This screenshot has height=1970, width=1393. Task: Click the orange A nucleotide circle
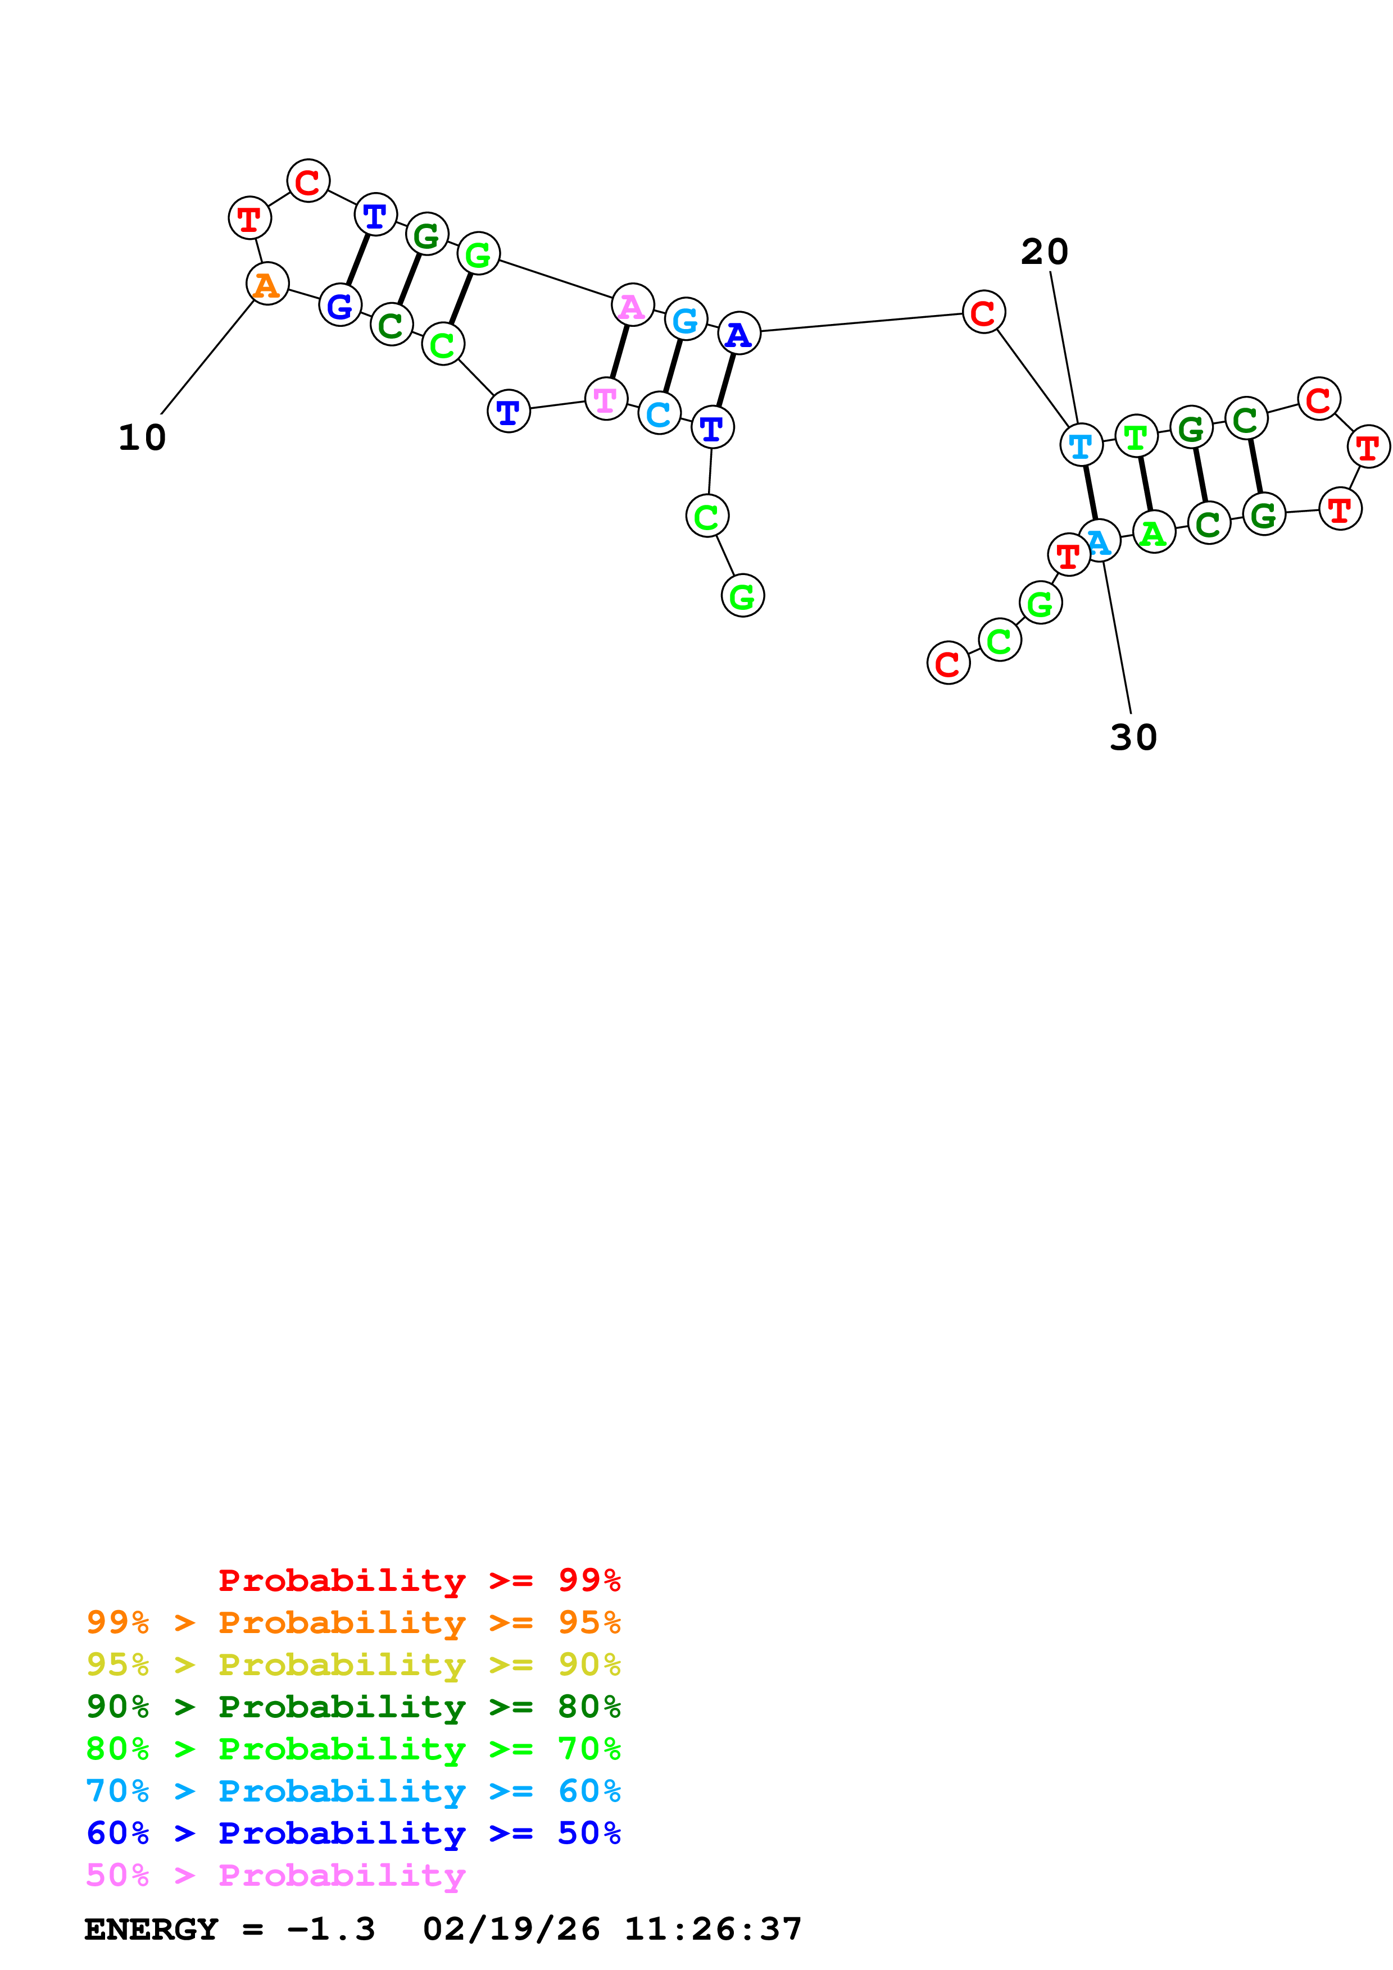(267, 284)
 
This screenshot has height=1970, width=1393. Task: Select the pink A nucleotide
(633, 305)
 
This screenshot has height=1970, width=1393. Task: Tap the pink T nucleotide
(606, 399)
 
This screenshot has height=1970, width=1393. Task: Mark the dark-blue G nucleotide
(340, 305)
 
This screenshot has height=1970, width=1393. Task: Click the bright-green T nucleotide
(1136, 437)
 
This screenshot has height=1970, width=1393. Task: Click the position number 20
(1043, 252)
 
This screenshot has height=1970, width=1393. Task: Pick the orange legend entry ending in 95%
(353, 1622)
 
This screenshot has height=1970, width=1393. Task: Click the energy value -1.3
(330, 1930)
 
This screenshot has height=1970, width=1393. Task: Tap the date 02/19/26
(511, 1930)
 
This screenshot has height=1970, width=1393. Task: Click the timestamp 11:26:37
(713, 1930)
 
